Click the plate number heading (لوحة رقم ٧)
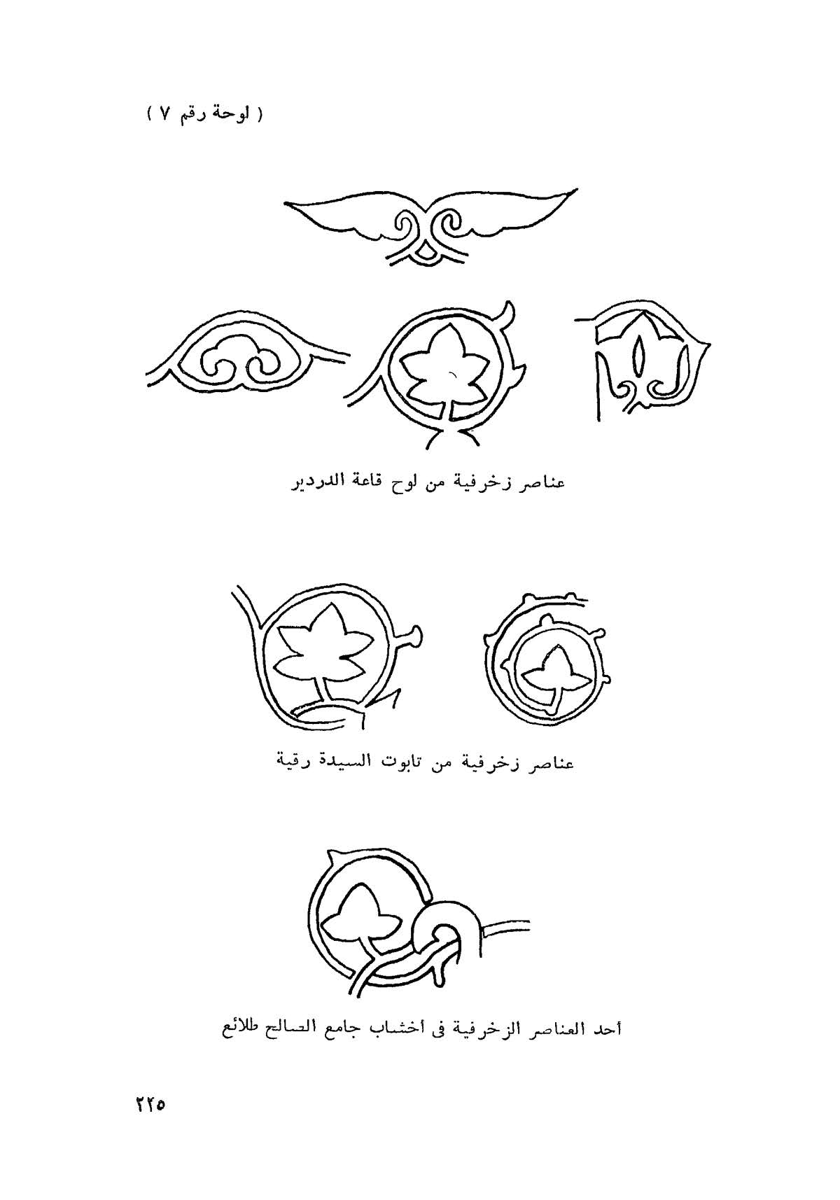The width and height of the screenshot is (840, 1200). pos(206,114)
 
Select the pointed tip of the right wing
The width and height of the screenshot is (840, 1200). pos(576,189)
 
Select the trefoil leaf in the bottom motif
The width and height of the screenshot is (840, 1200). pos(360,914)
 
